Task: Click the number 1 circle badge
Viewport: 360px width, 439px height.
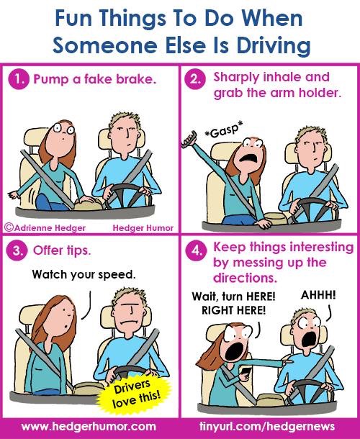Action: tap(19, 79)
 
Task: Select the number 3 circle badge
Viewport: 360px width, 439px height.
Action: tap(17, 250)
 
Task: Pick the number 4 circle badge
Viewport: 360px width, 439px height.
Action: tap(196, 250)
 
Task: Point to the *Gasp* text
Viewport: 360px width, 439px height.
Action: tap(224, 130)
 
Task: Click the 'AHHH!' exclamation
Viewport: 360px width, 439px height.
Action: tap(318, 295)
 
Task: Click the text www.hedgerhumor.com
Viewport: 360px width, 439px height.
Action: tap(89, 427)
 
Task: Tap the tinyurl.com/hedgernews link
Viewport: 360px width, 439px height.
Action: tap(267, 427)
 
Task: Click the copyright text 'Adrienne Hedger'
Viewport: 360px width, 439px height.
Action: tap(45, 227)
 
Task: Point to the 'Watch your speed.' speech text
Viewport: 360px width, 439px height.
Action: tap(84, 275)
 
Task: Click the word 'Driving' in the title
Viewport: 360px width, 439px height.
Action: tap(274, 45)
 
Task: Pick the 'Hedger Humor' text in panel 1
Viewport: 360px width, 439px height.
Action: tap(143, 228)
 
